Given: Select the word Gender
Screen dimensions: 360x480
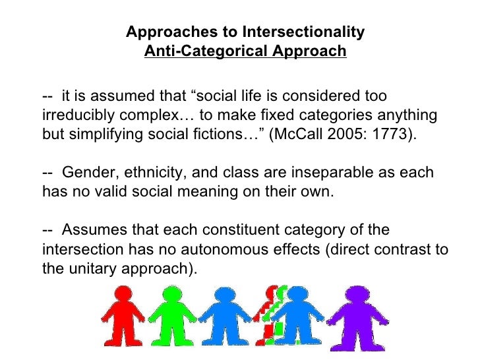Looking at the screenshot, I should (x=85, y=173).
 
